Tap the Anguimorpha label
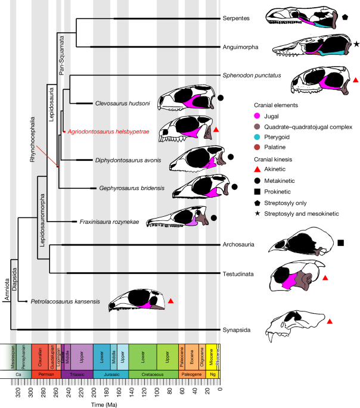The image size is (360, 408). point(240,47)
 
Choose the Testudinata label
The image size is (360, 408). point(239,273)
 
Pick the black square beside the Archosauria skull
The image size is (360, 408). point(340,242)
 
